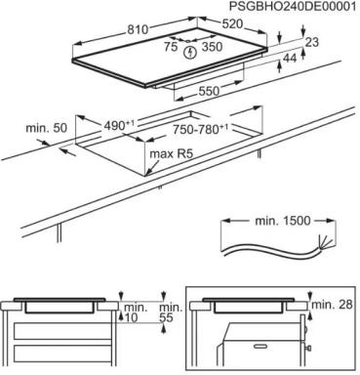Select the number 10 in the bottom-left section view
[x=130, y=318]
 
